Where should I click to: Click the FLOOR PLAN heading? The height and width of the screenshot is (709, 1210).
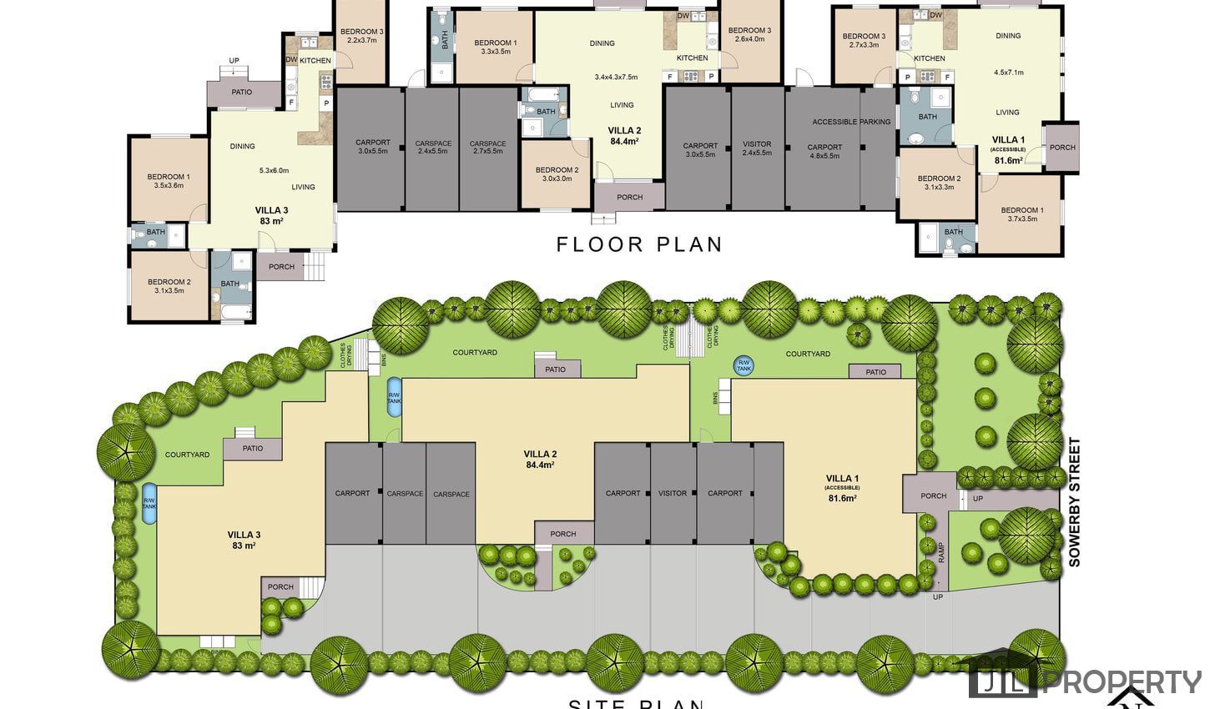coord(639,244)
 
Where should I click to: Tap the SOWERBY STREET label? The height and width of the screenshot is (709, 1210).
coord(1075,503)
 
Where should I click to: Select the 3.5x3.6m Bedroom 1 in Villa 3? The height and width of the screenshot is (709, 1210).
coord(169,181)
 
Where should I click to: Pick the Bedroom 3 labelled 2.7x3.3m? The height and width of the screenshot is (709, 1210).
coord(864,40)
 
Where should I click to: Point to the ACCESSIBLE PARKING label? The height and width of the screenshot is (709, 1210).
coord(851,122)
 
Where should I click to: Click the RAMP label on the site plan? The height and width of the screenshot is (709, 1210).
coord(940,552)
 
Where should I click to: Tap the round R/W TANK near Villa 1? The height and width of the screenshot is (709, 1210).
coord(743,365)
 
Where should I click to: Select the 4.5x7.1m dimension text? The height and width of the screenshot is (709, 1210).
coord(1008,73)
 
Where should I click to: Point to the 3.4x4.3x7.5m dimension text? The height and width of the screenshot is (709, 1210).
coord(616,77)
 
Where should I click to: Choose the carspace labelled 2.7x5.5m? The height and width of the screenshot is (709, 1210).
coord(487,148)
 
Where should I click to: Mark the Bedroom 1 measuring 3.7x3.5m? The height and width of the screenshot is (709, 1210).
coord(1021,214)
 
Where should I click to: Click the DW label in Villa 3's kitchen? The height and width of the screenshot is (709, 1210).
coord(291,60)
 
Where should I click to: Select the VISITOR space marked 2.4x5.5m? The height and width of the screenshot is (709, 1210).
coord(757,148)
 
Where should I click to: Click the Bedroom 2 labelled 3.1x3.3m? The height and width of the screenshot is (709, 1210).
coord(938,183)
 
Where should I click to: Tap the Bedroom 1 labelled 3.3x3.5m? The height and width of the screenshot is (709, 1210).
coord(496,47)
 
